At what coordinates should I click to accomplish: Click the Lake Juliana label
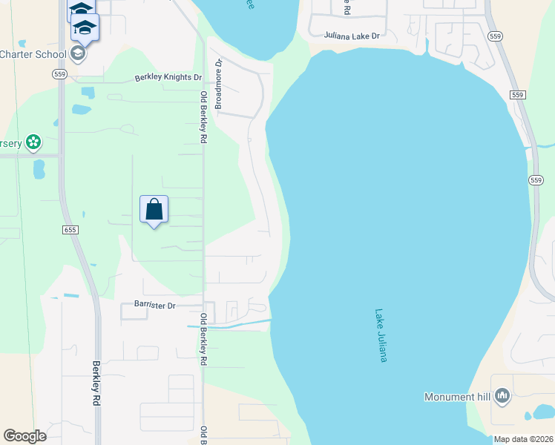pos(381,335)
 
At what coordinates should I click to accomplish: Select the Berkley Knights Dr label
pos(168,77)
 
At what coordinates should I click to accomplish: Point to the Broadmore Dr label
pos(219,85)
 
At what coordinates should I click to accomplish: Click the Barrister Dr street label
pos(154,305)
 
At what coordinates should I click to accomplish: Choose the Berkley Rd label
pos(96,383)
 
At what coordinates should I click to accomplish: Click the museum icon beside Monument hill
pos(502,397)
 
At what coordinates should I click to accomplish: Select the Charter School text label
pos(33,53)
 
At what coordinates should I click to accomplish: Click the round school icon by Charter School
pos(78,53)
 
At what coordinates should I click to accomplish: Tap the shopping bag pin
pos(154,210)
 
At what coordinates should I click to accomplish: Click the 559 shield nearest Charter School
pos(60,73)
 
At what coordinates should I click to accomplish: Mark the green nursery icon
pos(33,141)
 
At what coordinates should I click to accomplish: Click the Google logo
pos(24,436)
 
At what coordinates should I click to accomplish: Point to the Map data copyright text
pos(522,439)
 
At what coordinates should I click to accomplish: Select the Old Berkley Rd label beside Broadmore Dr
pos(203,116)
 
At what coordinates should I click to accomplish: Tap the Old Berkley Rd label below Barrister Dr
pos(201,340)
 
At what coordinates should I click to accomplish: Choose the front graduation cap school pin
pos(85,30)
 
